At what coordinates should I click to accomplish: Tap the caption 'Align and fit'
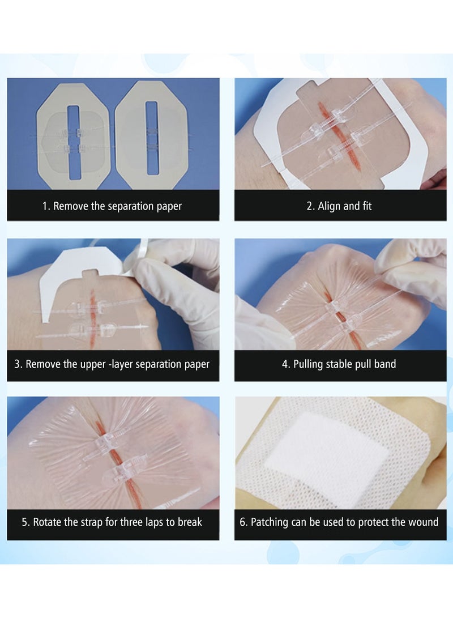[339, 206]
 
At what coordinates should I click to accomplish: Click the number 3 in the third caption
[18, 364]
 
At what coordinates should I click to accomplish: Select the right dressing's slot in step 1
[151, 138]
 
